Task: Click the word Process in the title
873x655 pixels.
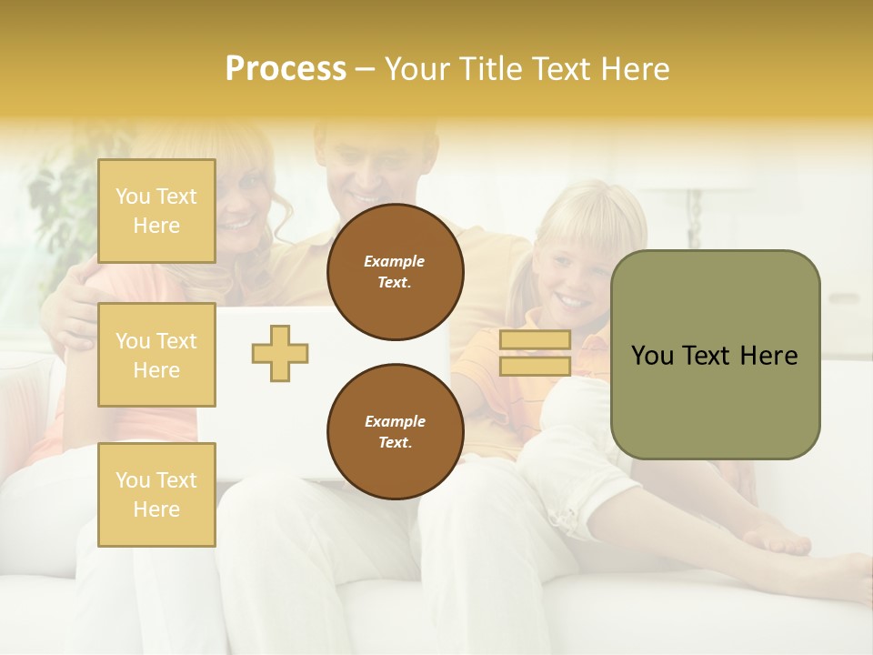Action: (286, 69)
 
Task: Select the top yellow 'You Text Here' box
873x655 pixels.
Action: (156, 211)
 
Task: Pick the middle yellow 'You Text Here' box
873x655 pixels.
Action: (156, 355)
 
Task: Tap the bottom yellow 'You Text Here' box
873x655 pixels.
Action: (156, 494)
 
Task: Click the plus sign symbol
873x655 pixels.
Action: (280, 353)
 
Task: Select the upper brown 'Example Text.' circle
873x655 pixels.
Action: (395, 272)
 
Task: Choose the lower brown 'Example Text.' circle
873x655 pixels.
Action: (395, 432)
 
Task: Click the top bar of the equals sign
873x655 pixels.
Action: (535, 340)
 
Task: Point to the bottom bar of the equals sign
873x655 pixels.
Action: (535, 367)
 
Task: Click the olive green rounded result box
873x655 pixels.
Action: (715, 400)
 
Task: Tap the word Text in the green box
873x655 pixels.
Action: (705, 356)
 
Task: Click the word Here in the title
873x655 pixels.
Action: (637, 69)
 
